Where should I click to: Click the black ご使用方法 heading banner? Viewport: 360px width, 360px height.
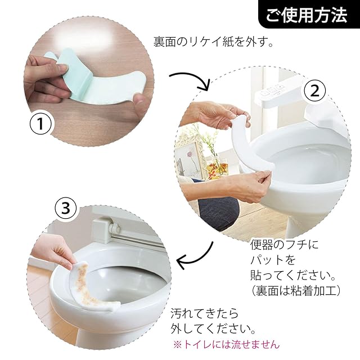point(309,14)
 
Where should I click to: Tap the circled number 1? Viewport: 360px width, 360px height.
point(40,124)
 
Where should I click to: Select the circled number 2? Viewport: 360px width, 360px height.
point(315,91)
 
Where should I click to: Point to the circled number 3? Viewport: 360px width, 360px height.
point(66,208)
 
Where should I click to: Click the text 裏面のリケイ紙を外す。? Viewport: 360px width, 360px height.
point(213,42)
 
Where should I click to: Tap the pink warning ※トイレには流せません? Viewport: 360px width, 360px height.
point(226,344)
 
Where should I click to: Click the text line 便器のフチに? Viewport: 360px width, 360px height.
point(284,245)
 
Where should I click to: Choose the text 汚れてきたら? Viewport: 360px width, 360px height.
point(205,314)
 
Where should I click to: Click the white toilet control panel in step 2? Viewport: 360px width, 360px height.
point(271,92)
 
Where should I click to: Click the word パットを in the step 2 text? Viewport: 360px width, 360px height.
point(272,260)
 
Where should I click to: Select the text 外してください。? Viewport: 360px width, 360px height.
point(213,328)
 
